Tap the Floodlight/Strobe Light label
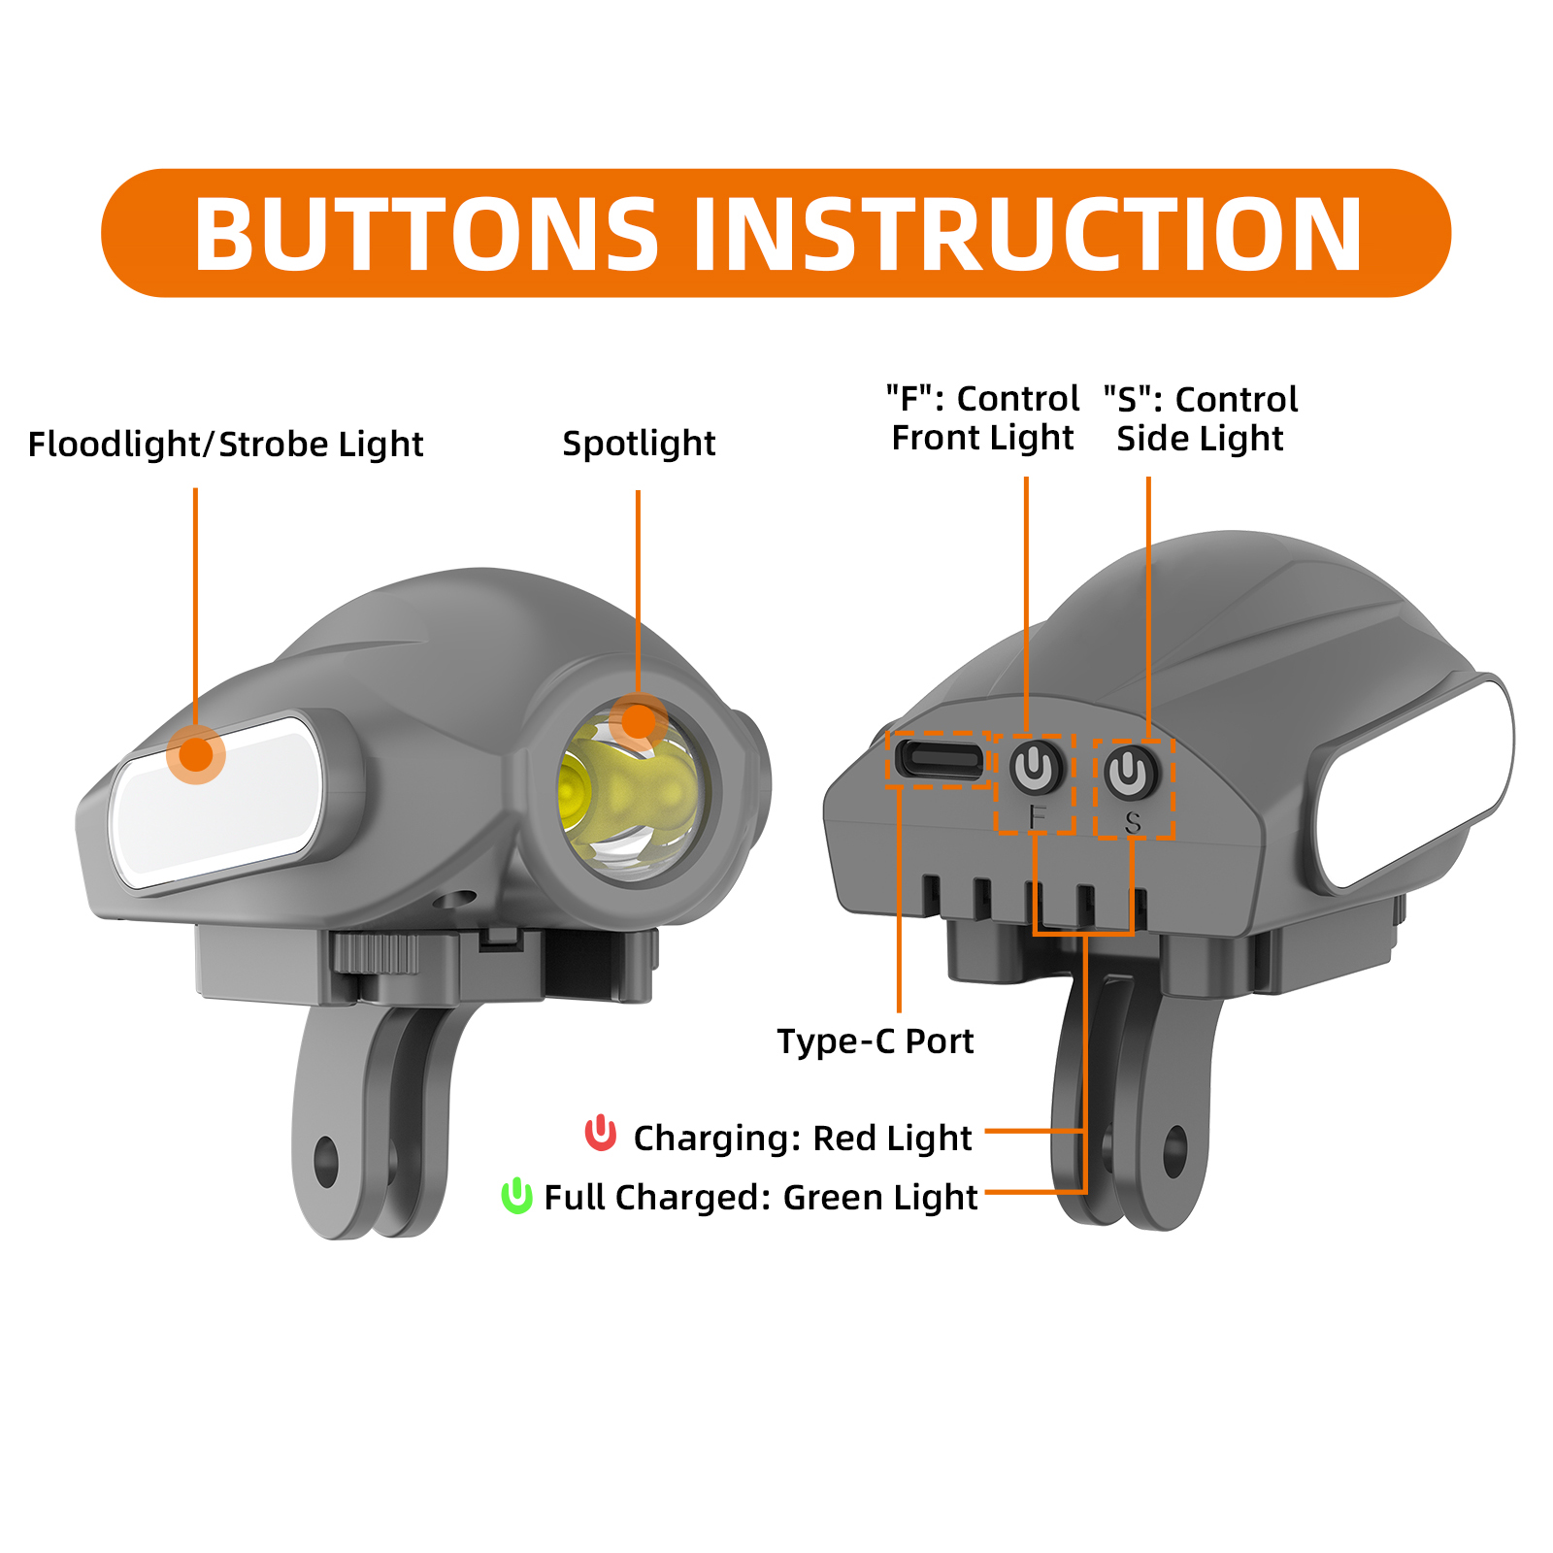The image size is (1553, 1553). point(225,445)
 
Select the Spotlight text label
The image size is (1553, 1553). point(639,444)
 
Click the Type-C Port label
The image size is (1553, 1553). point(876,1041)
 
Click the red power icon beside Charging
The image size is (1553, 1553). point(601,1133)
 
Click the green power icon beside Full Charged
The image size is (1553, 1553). point(516,1195)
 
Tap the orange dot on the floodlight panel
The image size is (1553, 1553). point(196,754)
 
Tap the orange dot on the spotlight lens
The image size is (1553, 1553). point(638,722)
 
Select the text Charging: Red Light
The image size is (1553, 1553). point(803,1138)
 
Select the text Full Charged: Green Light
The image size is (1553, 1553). point(761,1197)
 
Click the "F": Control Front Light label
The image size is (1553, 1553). point(982,418)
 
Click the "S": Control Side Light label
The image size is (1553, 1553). point(1201,418)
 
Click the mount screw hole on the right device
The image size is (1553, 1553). point(1175,1152)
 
